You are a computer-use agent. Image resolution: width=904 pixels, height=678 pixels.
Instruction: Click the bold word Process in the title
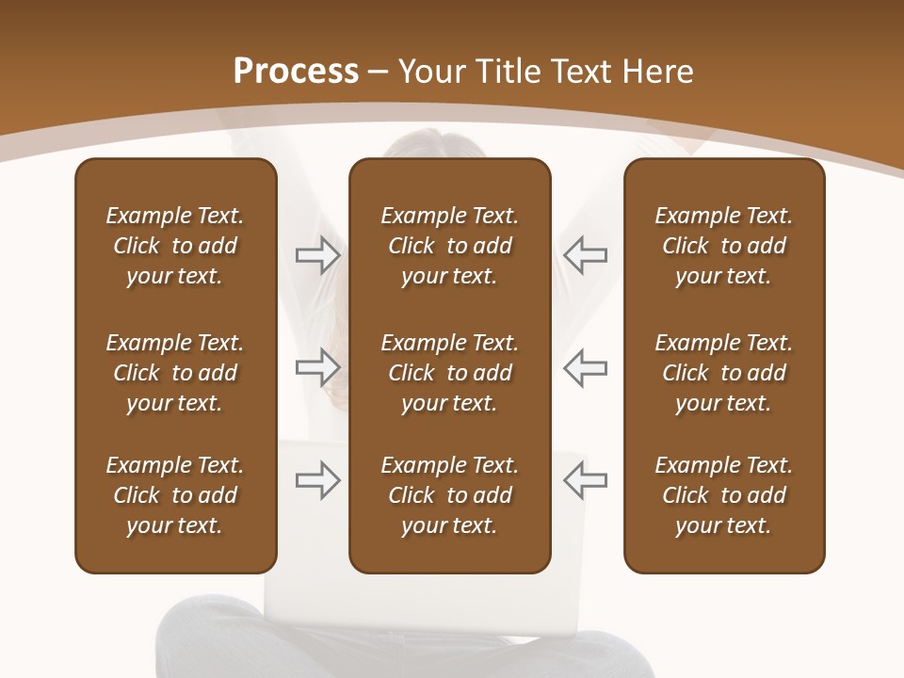(x=296, y=72)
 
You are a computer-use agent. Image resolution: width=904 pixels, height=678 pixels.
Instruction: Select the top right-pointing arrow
(x=318, y=255)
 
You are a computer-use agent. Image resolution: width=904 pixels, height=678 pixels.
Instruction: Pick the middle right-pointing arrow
(x=318, y=366)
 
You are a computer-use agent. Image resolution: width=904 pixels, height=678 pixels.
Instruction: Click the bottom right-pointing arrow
(x=318, y=480)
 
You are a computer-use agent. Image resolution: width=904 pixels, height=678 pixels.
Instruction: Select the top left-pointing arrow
(x=585, y=255)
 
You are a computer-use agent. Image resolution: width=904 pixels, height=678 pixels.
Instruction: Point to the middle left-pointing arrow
(x=585, y=366)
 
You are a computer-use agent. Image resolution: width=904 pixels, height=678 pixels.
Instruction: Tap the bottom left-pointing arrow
(x=585, y=480)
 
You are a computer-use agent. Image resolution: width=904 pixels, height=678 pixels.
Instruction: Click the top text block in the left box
(x=175, y=246)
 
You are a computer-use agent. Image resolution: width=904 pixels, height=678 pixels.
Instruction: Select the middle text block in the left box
(x=175, y=373)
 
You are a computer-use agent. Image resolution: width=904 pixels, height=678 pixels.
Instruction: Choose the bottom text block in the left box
(x=175, y=495)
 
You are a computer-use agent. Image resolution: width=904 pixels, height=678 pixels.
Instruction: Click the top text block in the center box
(x=449, y=246)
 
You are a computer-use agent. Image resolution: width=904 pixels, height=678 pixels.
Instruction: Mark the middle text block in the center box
(x=449, y=373)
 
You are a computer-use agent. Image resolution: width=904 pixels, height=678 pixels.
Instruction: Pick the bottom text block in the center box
(x=449, y=495)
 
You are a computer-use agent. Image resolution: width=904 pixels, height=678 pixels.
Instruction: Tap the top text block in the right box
(x=723, y=246)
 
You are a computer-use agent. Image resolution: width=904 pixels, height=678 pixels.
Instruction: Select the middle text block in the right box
(x=723, y=373)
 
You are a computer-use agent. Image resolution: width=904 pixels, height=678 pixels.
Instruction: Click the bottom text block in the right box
(x=723, y=495)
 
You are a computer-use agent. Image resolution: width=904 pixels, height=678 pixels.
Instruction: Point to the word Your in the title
(x=430, y=72)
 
